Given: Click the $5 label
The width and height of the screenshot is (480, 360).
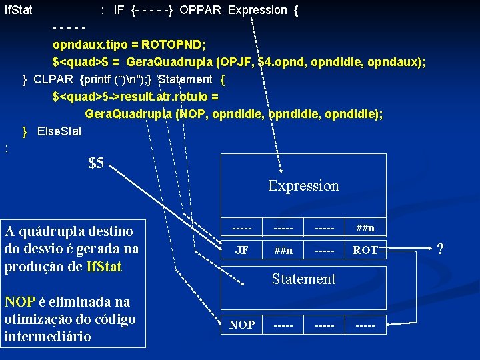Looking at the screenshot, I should coord(96,163).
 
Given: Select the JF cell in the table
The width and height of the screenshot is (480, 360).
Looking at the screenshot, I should coord(242,251).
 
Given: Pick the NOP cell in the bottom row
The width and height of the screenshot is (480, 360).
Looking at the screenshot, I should coord(242,325).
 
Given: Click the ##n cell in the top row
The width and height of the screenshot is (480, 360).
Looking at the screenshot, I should coord(365,228).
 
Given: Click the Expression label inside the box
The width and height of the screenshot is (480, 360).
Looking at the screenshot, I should coord(303,186).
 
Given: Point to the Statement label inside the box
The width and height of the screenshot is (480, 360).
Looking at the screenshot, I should coord(303,279).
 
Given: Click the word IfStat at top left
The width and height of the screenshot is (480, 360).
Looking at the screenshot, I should coord(19,11).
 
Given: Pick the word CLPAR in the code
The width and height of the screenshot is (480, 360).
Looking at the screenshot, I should coord(53,80).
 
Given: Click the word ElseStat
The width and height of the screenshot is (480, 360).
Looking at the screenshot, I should coord(59,131).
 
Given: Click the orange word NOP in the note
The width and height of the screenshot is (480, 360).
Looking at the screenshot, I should coord(17,302).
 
